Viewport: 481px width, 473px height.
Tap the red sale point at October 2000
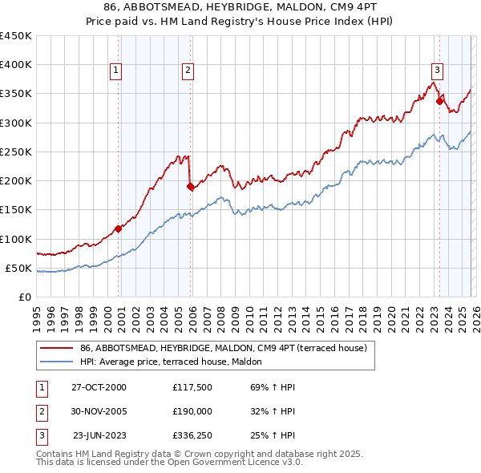[x=118, y=228]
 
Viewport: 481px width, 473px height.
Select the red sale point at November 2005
[x=190, y=187]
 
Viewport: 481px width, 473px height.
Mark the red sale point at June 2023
[x=439, y=101]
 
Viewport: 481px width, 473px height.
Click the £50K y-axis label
[x=19, y=268]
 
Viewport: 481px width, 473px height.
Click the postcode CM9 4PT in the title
[x=337, y=8]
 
